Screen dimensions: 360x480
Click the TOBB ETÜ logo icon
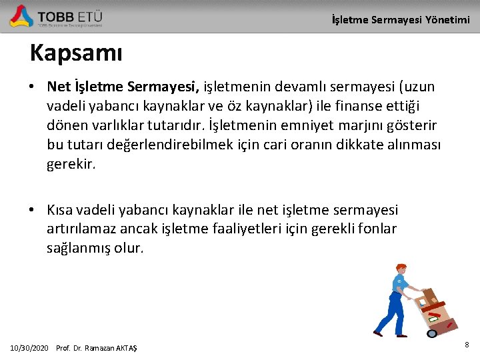coord(21,15)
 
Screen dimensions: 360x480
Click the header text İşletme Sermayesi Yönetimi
coord(401,20)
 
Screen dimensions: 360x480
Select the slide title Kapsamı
coord(76,53)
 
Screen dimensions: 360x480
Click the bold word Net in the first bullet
coord(59,87)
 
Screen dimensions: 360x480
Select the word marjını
coord(395,125)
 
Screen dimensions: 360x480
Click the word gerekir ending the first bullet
coord(71,164)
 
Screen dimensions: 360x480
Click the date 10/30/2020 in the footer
coord(29,348)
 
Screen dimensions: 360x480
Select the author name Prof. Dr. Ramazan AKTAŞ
coord(97,348)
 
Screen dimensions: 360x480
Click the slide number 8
coord(467,345)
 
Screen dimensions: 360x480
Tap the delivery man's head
coord(400,269)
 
